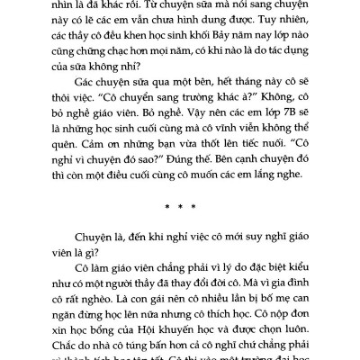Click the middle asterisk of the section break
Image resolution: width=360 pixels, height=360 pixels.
pos(179,229)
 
